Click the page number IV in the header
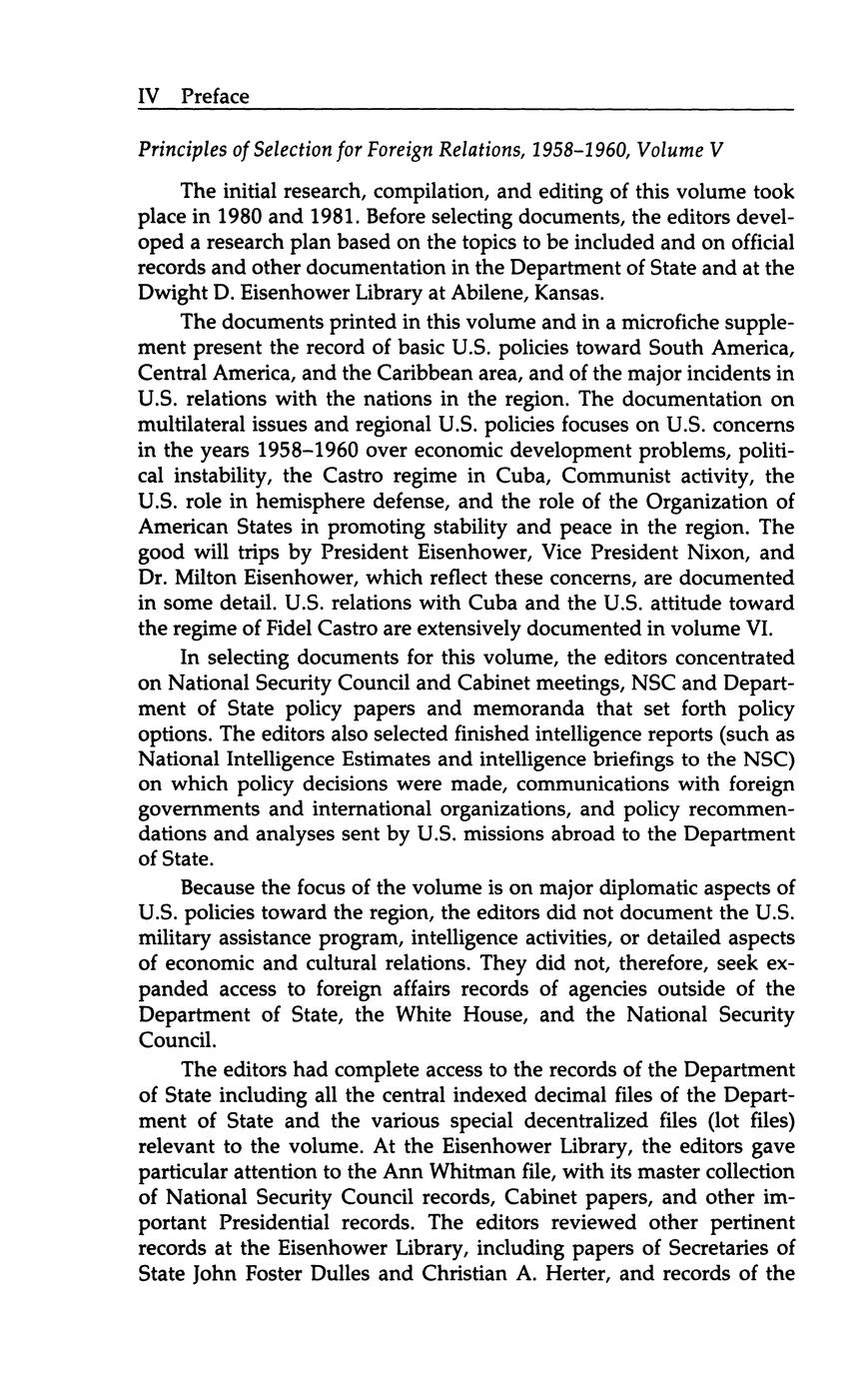pos(148,96)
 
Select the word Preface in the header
pos(215,96)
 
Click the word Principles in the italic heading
pos(177,151)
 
